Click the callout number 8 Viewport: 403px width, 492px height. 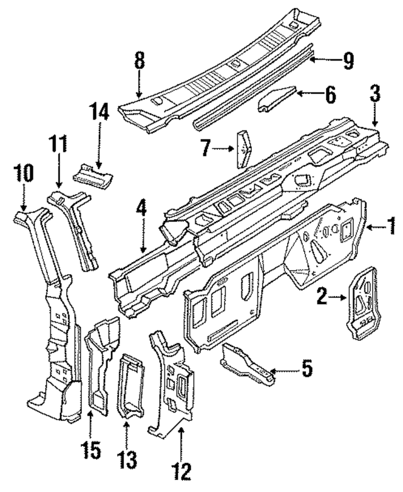pos(139,62)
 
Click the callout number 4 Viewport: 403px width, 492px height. pos(142,209)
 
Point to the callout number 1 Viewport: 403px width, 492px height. pos(391,224)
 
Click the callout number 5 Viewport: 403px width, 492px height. pos(306,369)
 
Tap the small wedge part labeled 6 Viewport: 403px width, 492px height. pos(275,99)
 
